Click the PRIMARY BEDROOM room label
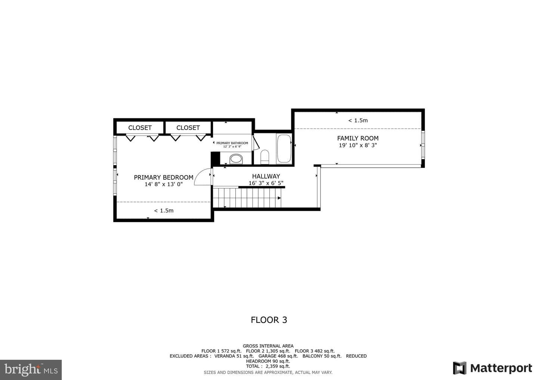(x=164, y=177)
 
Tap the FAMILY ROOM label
(x=358, y=138)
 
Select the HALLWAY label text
(x=266, y=176)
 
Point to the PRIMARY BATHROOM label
(x=232, y=143)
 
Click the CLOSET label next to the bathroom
(x=188, y=128)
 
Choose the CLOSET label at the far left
(x=140, y=128)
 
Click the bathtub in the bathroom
(x=284, y=149)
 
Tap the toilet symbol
(x=265, y=157)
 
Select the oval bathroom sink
(x=236, y=159)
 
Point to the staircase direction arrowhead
(x=279, y=198)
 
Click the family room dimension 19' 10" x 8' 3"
(x=358, y=145)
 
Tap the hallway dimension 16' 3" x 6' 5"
(x=266, y=183)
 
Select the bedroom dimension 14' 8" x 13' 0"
(x=164, y=184)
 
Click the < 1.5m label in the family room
(x=358, y=121)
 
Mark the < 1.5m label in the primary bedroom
(x=164, y=211)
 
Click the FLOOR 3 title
(x=269, y=320)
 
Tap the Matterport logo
(x=492, y=368)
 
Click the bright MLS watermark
(x=31, y=370)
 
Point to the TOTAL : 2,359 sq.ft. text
(x=268, y=366)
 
